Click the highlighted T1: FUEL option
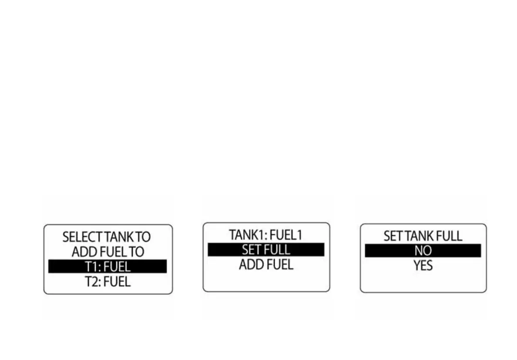(x=107, y=267)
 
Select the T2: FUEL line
(x=107, y=281)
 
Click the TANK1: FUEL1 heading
(x=266, y=235)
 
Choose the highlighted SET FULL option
(x=266, y=250)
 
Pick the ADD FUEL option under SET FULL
(x=266, y=264)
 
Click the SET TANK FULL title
(x=423, y=236)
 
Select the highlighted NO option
(x=423, y=251)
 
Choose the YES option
(x=423, y=265)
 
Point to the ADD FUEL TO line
(x=107, y=252)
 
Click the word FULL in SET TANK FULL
(x=450, y=236)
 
